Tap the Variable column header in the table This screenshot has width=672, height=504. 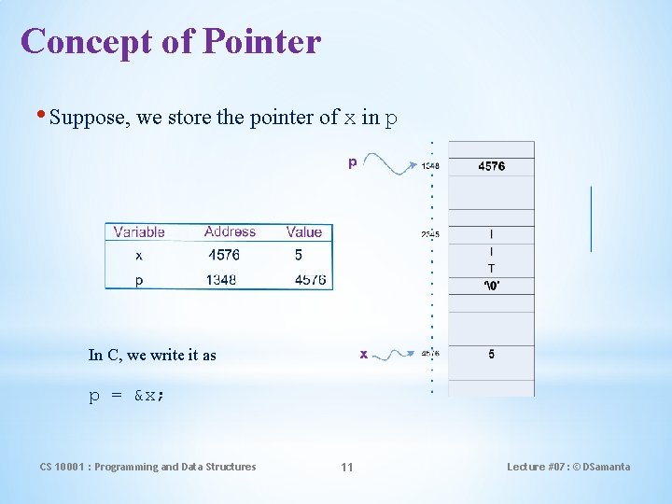coord(139,231)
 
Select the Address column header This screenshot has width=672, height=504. coord(230,231)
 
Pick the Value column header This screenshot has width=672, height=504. coord(304,231)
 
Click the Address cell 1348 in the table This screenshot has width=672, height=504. coord(222,279)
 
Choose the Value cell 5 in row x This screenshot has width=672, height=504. coord(299,255)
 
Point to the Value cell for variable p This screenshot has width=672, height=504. coord(308,279)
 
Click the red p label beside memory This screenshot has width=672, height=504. coord(352,162)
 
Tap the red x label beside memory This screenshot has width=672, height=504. coord(364,354)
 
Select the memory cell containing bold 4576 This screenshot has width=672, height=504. coord(492,166)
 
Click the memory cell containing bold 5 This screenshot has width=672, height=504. coord(492,355)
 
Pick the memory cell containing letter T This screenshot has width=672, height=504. coord(492,269)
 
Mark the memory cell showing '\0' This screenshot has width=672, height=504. coord(492,286)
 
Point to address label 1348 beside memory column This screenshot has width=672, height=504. coord(430,167)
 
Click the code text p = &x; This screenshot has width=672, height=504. coord(127,396)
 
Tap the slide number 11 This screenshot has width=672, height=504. coord(346,467)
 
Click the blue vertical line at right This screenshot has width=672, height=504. coord(591,218)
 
